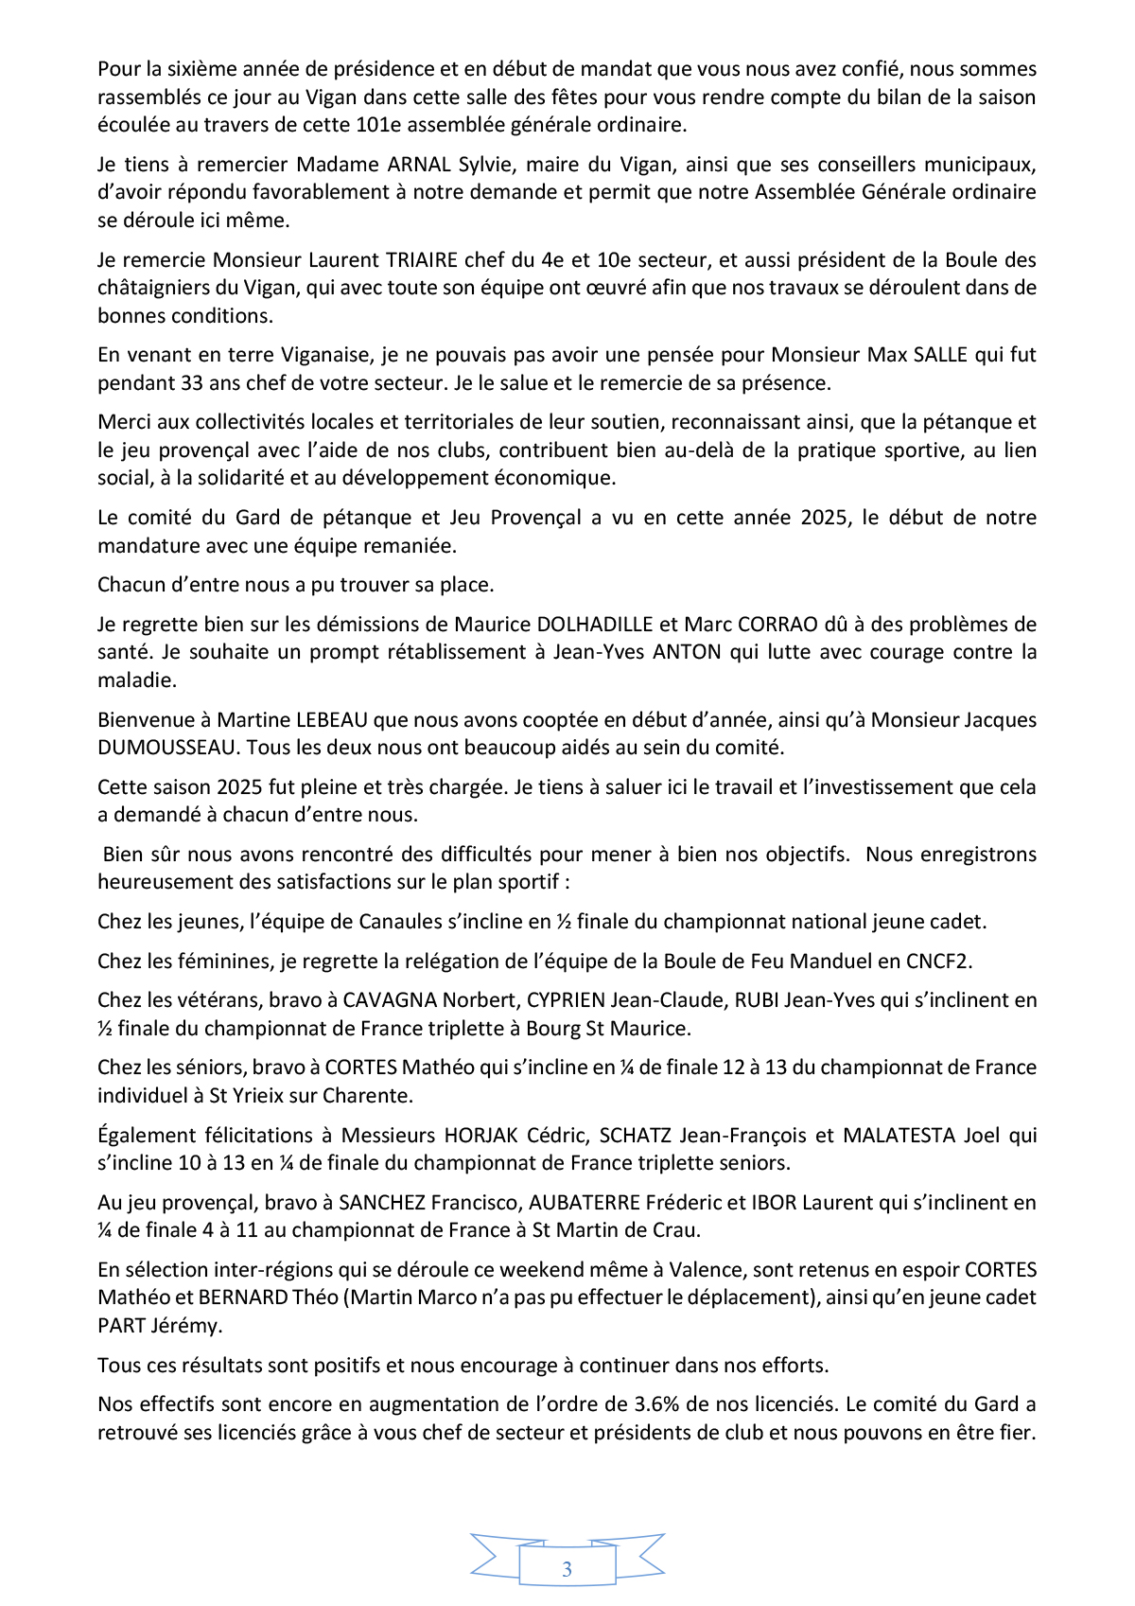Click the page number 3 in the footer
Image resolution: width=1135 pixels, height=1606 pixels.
click(567, 1569)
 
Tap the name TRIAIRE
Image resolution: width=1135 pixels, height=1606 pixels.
click(422, 260)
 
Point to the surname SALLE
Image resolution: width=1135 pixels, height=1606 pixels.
click(940, 355)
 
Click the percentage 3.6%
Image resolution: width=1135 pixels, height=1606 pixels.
click(683, 1404)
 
